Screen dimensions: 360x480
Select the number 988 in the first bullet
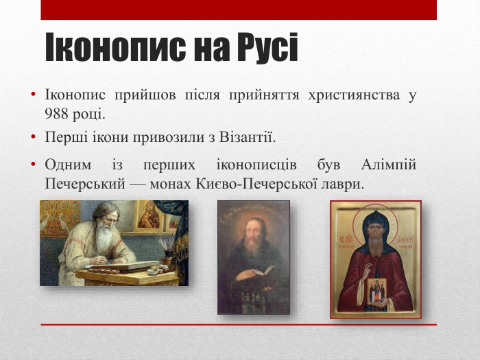pyautogui.click(x=56, y=112)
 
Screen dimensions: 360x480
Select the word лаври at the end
pyautogui.click(x=345, y=184)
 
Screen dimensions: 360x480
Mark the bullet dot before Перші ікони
pyautogui.click(x=33, y=138)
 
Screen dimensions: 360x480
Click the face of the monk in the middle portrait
pyautogui.click(x=253, y=230)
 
